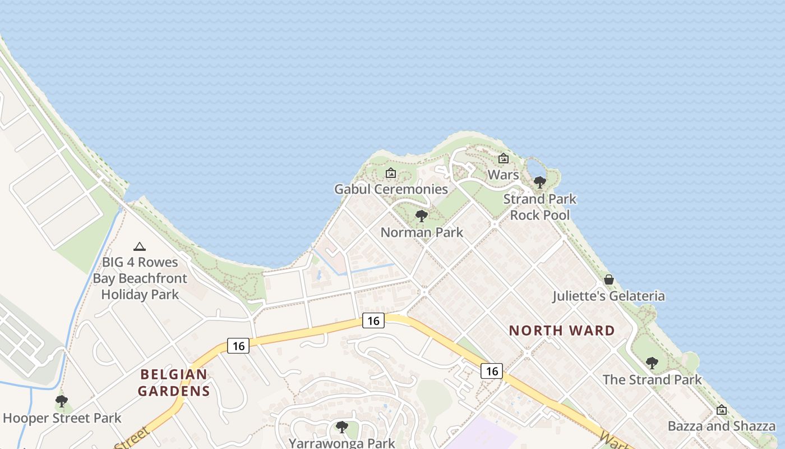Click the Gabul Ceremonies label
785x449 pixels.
(x=391, y=189)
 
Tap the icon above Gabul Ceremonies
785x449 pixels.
(x=391, y=173)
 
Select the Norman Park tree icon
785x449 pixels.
(x=422, y=216)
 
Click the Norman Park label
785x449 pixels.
(x=422, y=232)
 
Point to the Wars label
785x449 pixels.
(x=503, y=175)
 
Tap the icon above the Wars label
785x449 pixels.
(x=504, y=159)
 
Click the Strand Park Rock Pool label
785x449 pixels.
(x=539, y=207)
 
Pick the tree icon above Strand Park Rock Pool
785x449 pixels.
(x=540, y=182)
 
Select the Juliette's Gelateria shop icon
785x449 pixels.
(x=609, y=280)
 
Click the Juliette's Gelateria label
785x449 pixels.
(x=609, y=296)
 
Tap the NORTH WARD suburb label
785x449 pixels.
(x=562, y=331)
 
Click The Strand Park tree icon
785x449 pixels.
(x=652, y=363)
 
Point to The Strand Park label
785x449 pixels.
(x=652, y=379)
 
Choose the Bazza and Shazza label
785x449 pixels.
(x=721, y=426)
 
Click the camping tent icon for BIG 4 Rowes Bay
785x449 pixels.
(x=140, y=246)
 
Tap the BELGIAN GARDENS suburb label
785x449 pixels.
(x=174, y=382)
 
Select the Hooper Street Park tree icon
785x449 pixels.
(x=62, y=401)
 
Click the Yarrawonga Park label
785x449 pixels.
(x=341, y=443)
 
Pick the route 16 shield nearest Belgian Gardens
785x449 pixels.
(x=238, y=346)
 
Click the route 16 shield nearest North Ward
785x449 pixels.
(x=491, y=370)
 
